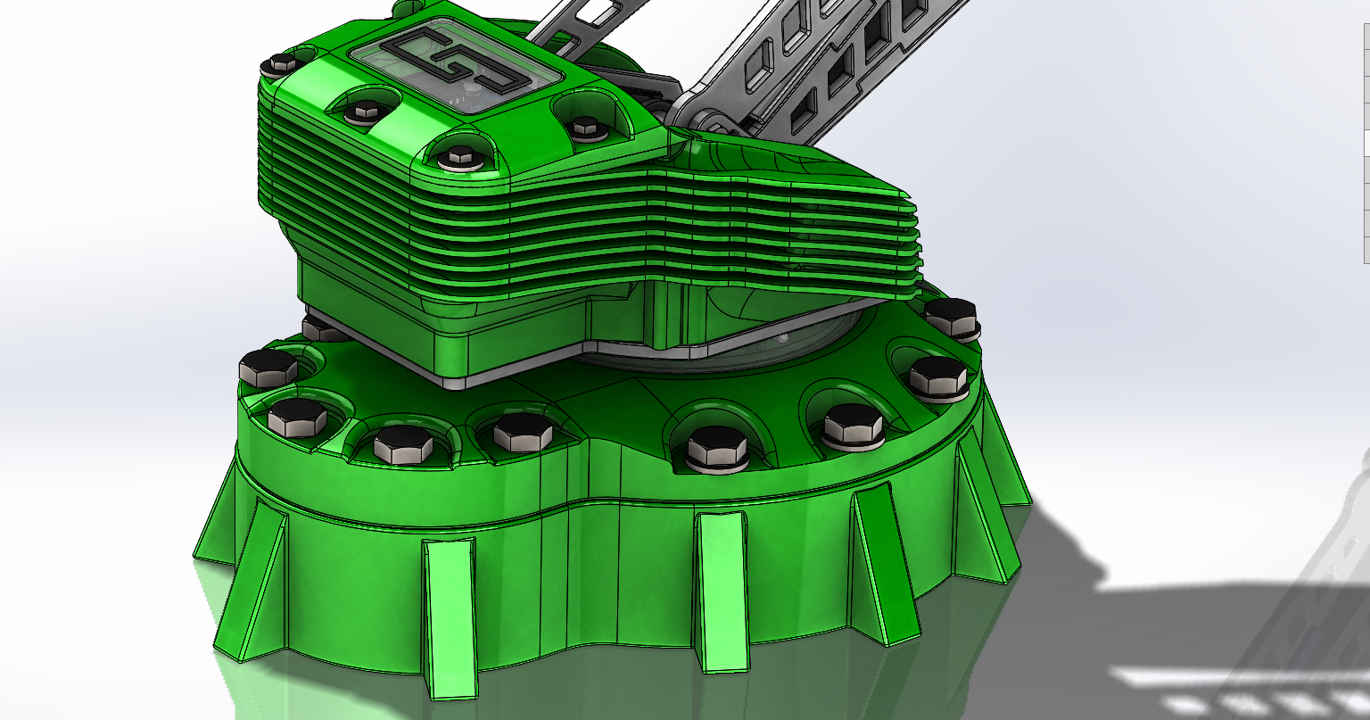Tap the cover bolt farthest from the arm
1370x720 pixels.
[282, 63]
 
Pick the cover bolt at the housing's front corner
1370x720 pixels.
[460, 158]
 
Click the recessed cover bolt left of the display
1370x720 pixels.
[365, 112]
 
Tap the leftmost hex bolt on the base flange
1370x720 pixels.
[268, 367]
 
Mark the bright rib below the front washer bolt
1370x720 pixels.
[722, 589]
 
